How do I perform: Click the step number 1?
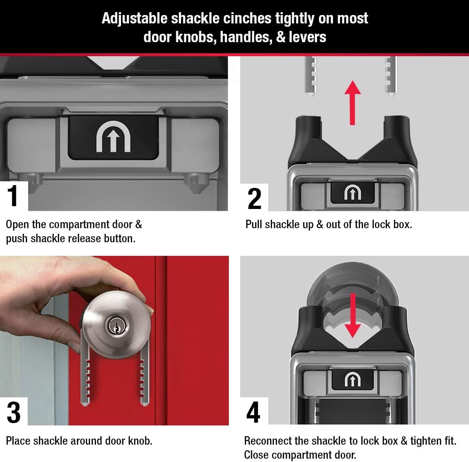pyautogui.click(x=13, y=196)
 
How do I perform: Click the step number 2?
pyautogui.click(x=254, y=199)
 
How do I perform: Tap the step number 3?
pyautogui.click(x=14, y=413)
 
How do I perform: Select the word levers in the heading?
pyautogui.click(x=308, y=37)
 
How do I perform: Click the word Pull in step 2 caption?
pyautogui.click(x=254, y=224)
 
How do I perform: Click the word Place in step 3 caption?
pyautogui.click(x=17, y=440)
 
